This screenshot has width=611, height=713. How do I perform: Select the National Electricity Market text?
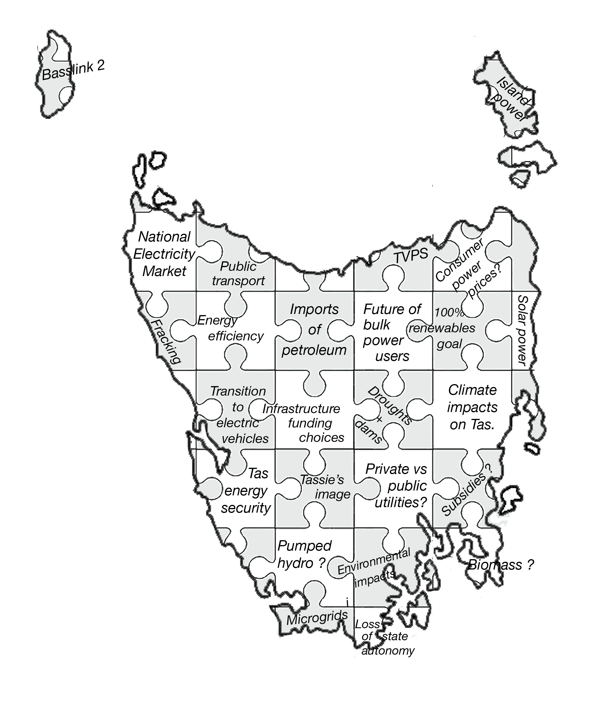click(x=164, y=254)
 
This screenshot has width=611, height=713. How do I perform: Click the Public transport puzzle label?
click(x=238, y=274)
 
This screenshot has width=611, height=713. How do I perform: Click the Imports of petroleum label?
click(x=314, y=330)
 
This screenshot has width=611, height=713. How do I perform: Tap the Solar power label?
click(x=522, y=330)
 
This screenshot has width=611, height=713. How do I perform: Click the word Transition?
click(x=238, y=391)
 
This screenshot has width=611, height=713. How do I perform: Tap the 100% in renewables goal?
click(x=449, y=313)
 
